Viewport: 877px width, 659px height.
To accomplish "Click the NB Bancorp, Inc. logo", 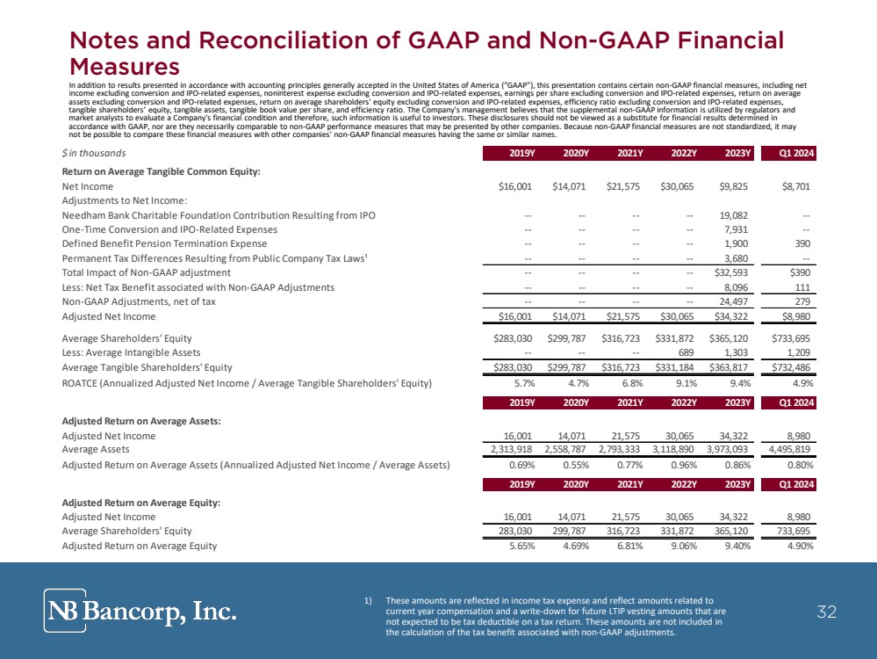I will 140,611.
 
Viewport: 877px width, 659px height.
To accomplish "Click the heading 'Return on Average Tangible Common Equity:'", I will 161,171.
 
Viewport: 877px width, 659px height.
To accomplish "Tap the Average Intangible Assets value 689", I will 687,352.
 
